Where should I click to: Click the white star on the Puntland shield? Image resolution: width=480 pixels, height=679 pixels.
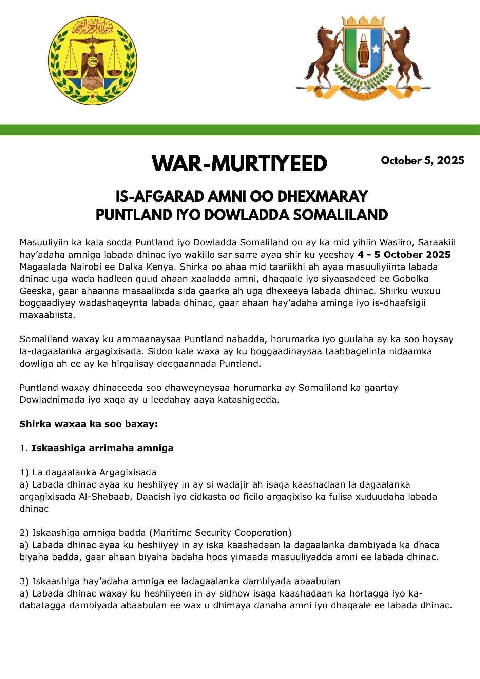click(376, 49)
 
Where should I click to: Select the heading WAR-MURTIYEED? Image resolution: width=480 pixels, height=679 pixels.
click(239, 164)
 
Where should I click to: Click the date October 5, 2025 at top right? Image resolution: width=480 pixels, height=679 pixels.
click(422, 160)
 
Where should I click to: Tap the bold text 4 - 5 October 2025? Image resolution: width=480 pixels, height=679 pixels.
click(404, 255)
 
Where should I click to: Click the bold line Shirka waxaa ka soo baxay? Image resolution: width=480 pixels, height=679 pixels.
click(89, 424)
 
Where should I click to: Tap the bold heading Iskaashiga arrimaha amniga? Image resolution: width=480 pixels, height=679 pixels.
click(102, 448)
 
